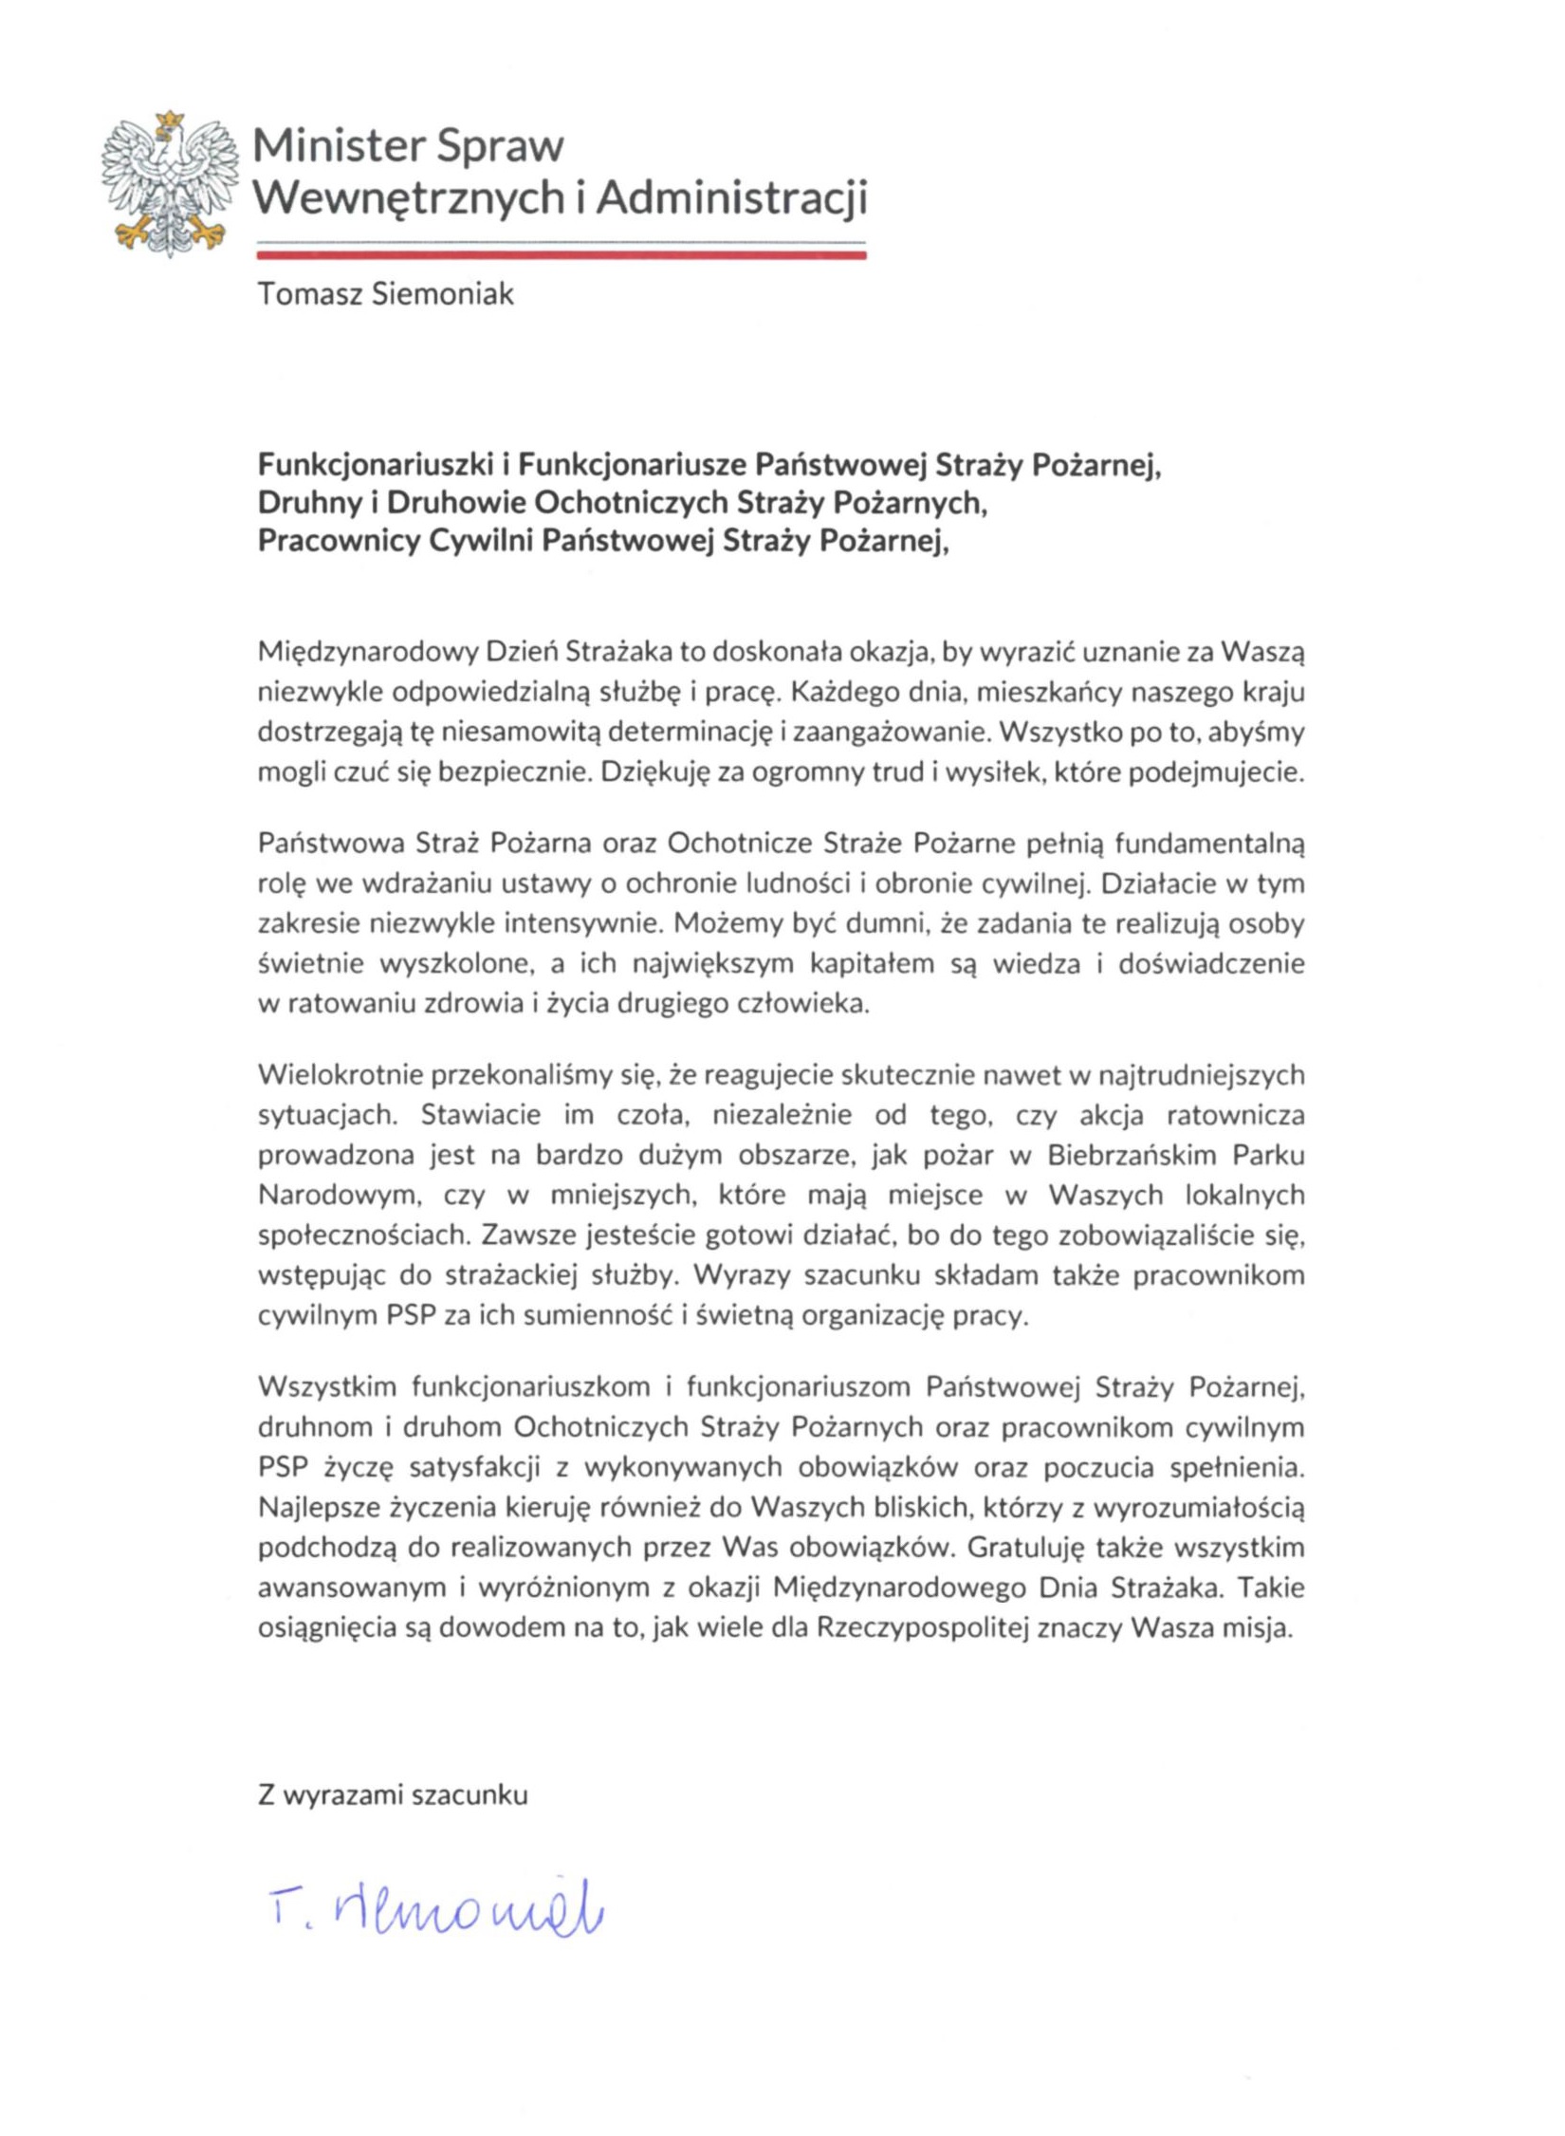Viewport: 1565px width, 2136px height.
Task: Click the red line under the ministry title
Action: [x=561, y=254]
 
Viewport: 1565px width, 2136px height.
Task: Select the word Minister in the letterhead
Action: [x=339, y=146]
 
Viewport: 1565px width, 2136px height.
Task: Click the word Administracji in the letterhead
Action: [x=731, y=197]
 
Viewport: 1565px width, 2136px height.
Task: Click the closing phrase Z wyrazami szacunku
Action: [x=393, y=1795]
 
